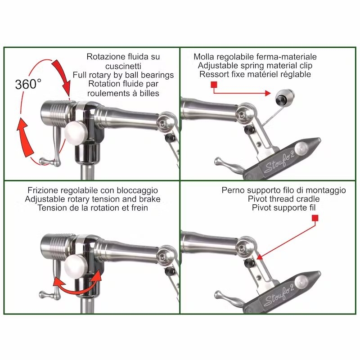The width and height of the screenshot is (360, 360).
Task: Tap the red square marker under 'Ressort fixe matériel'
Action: click(214, 85)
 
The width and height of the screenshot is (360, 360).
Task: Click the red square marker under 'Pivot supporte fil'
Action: click(315, 218)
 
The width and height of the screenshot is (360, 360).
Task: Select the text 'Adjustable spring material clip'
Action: click(255, 66)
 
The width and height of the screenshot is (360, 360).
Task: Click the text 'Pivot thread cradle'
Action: click(283, 199)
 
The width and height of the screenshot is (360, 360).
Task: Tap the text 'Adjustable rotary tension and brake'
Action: click(99, 199)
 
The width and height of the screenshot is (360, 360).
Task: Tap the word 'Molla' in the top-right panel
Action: click(204, 57)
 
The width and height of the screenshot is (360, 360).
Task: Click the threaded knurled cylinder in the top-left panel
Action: click(56, 111)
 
